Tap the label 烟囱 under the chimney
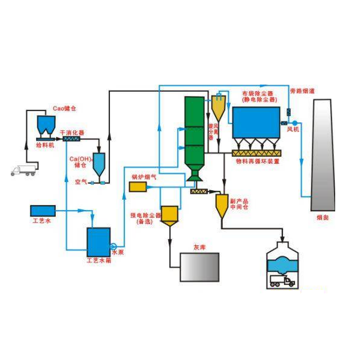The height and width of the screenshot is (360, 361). (323, 218)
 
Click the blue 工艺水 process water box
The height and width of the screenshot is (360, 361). (43, 211)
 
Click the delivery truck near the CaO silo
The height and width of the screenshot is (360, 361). (23, 170)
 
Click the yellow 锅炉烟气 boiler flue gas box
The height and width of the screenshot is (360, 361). (138, 187)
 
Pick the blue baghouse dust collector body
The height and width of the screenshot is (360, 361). (256, 123)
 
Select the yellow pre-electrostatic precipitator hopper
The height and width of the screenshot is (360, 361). (171, 215)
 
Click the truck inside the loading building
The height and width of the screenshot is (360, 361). (283, 280)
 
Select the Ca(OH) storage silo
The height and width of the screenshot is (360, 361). (99, 163)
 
